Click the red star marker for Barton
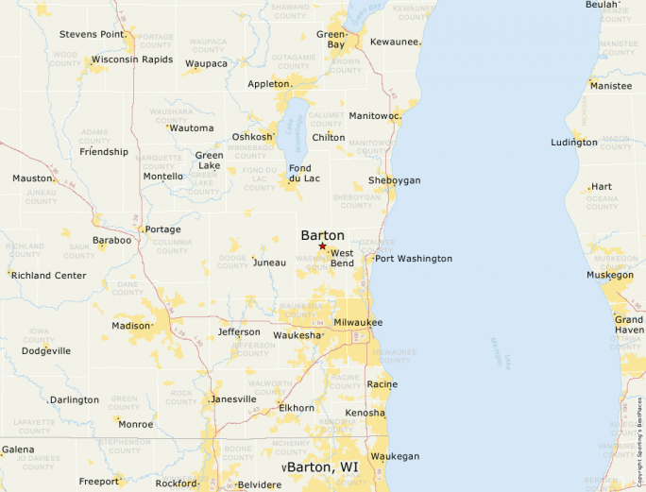tap(323, 246)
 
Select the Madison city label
tap(131, 326)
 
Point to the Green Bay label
tap(331, 39)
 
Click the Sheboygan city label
tap(395, 180)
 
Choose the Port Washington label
tap(414, 259)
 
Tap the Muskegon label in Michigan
tap(610, 275)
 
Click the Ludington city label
tap(574, 143)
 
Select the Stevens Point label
tap(92, 34)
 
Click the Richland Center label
tap(49, 276)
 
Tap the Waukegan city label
tap(395, 456)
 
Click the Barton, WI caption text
tap(323, 467)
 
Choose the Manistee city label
tap(611, 86)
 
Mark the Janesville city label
tap(233, 399)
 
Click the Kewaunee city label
tap(395, 42)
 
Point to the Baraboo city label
tap(112, 241)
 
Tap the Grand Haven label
tap(629, 325)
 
